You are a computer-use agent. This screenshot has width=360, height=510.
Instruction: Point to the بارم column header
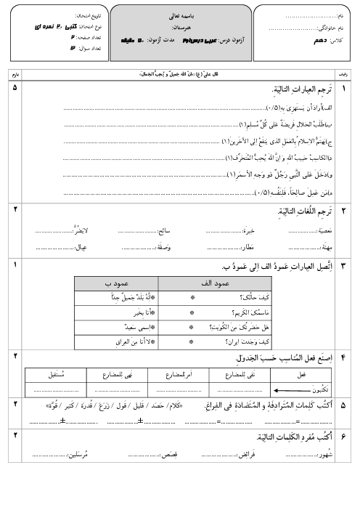tap(16, 74)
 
